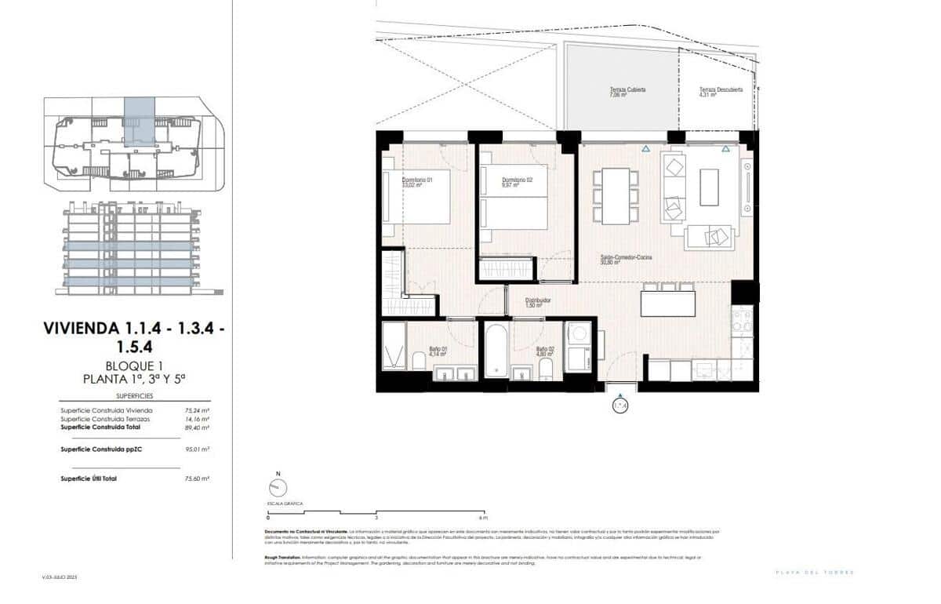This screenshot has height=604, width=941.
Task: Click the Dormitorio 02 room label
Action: coord(517,181)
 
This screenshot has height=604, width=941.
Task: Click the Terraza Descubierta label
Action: coord(721,92)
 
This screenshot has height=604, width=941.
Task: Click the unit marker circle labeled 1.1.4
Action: coord(620,406)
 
